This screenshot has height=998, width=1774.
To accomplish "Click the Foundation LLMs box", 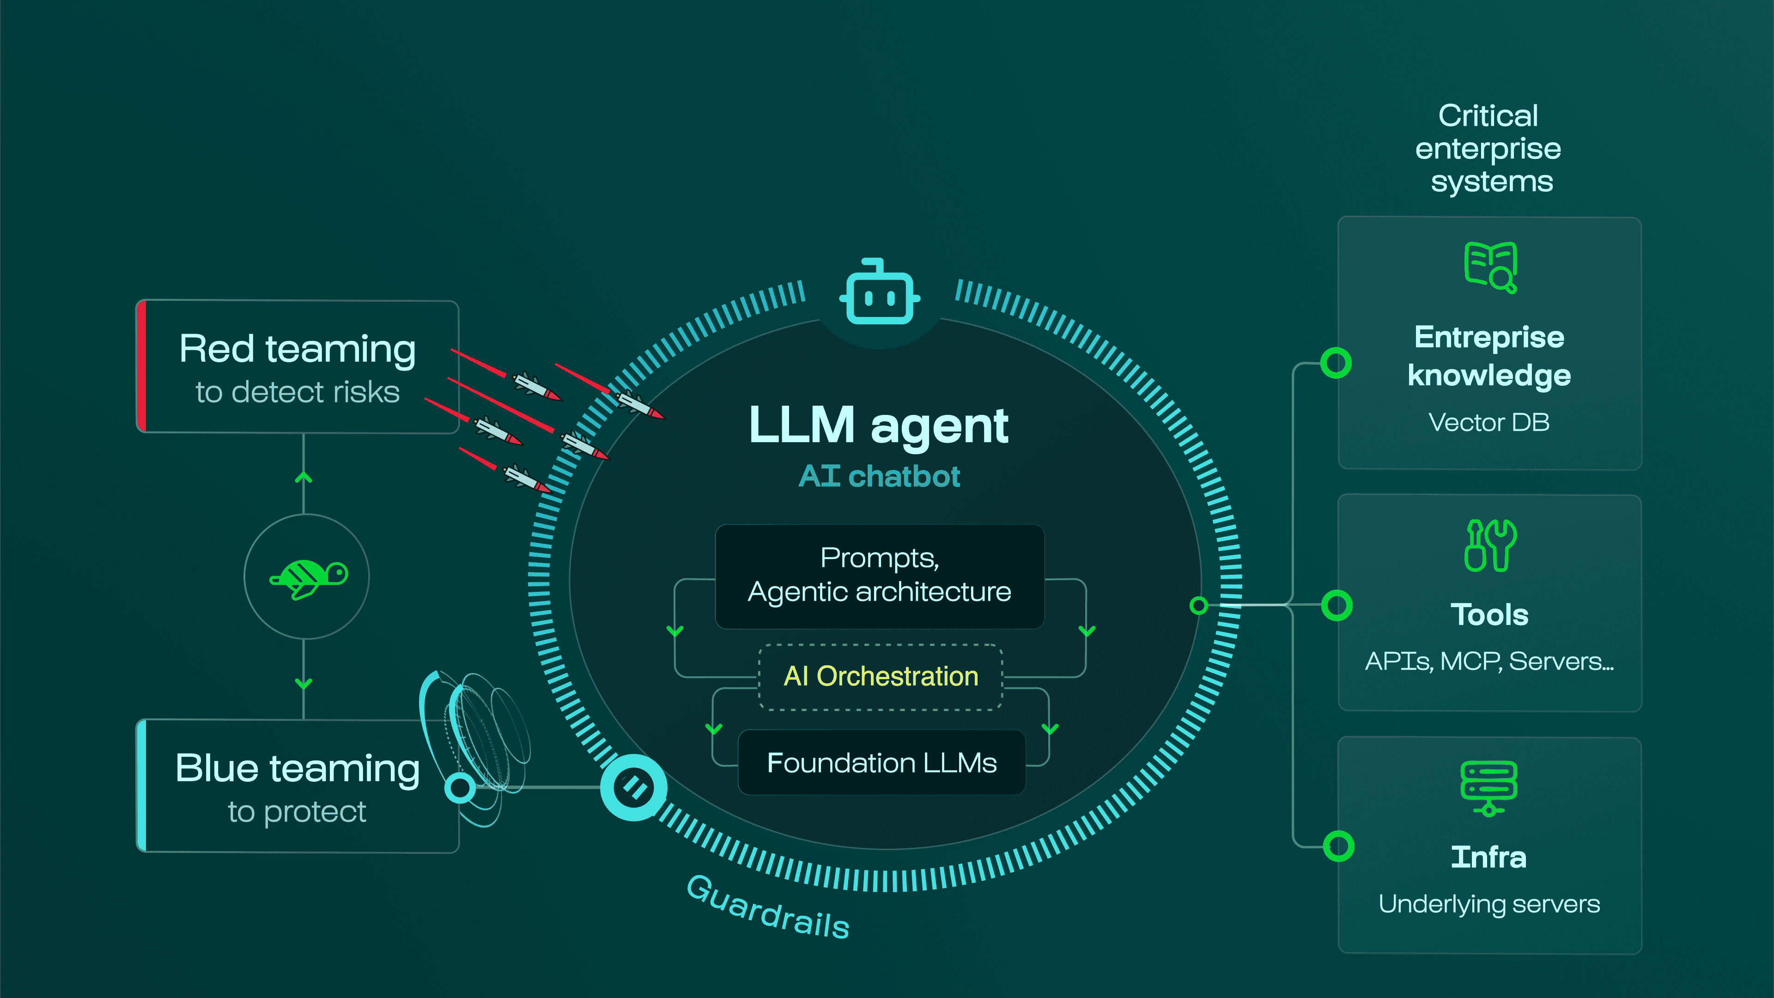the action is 881,762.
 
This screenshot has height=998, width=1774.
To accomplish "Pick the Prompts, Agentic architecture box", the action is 880,576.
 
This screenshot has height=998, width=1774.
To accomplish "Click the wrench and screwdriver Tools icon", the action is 1490,546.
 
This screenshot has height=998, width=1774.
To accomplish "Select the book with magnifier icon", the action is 1490,267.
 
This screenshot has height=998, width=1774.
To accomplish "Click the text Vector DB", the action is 1489,422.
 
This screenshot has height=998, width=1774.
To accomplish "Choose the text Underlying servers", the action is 1489,904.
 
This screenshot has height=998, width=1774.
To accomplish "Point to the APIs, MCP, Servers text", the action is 1489,661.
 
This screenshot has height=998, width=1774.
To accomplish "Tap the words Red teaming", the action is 298,349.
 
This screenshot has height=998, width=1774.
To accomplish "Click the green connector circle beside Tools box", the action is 1337,605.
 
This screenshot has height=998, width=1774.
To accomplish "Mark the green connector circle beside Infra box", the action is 1338,846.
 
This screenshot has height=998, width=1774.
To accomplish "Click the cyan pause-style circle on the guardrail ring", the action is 633,787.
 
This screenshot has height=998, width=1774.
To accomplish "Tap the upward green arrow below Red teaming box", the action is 304,477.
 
